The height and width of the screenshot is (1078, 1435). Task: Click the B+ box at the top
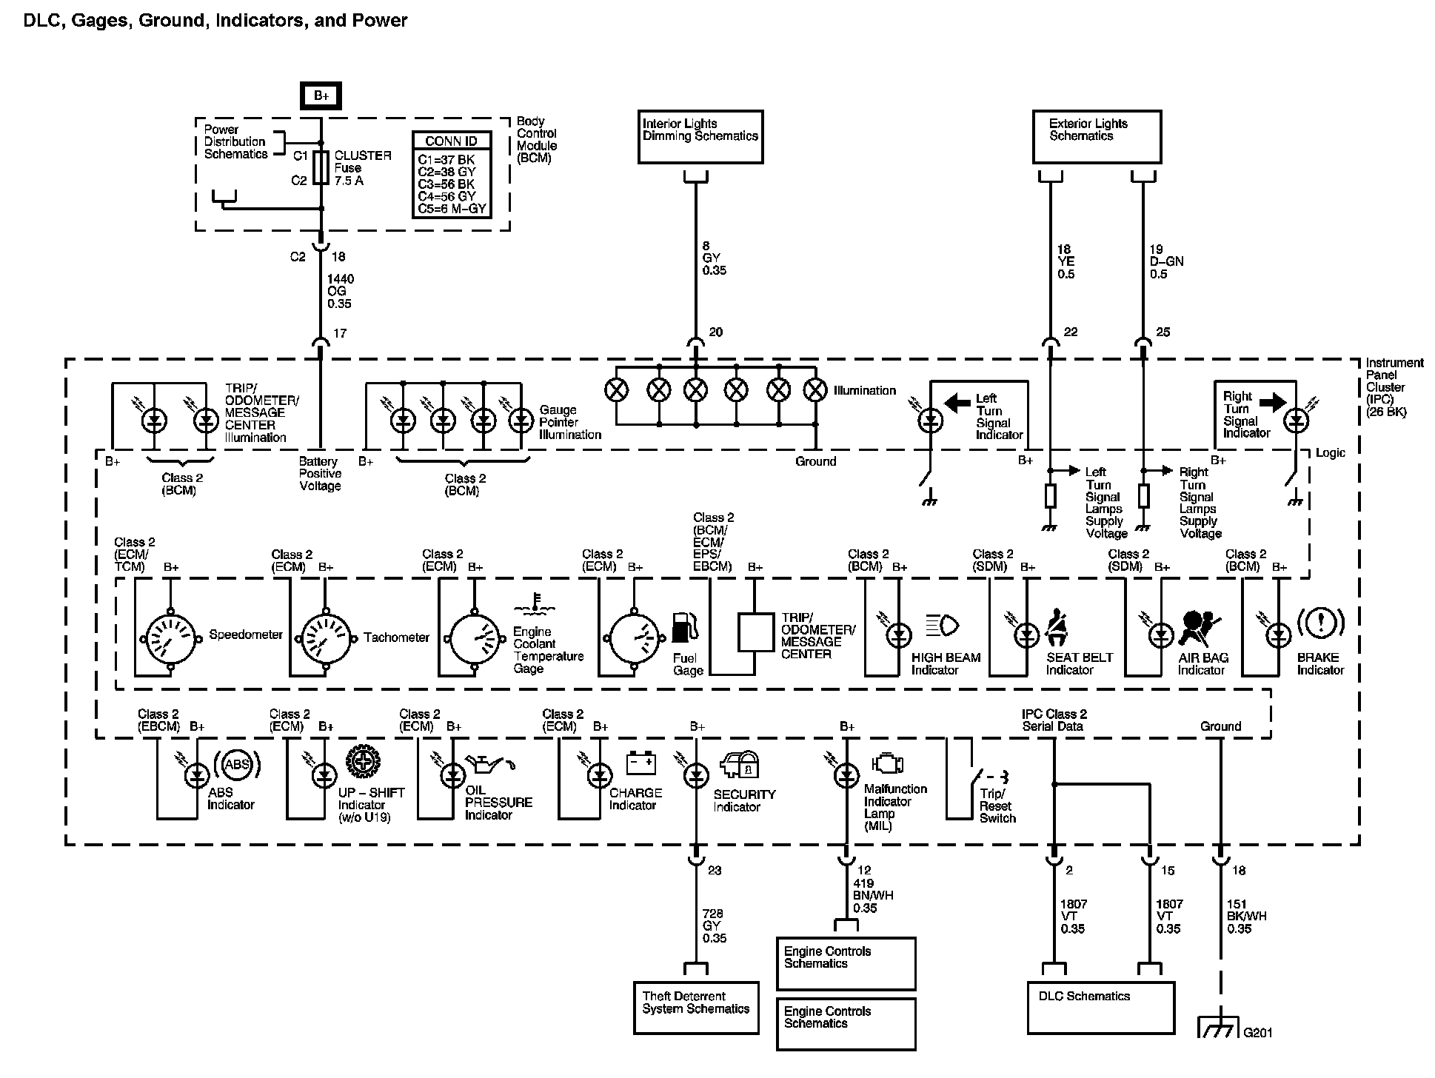click(321, 96)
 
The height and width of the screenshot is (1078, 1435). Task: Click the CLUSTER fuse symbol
click(321, 167)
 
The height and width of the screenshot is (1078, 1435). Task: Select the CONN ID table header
click(451, 141)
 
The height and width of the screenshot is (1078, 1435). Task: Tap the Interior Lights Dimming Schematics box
click(700, 136)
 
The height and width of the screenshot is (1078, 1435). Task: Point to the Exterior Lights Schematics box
click(1097, 136)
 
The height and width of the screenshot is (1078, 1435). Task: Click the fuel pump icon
click(684, 628)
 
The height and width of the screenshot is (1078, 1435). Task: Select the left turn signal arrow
click(957, 403)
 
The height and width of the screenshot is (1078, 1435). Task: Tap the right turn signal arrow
click(1273, 402)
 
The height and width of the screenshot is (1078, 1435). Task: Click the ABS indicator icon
click(237, 765)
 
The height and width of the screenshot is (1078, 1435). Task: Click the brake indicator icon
click(1320, 624)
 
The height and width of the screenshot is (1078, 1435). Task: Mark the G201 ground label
click(1257, 1032)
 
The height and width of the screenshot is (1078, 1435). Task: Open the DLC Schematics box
click(1100, 1007)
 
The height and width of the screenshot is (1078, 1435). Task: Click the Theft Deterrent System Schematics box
click(696, 1008)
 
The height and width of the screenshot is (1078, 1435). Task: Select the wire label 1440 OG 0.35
click(341, 292)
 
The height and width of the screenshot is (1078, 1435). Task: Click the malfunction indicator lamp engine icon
click(888, 764)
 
